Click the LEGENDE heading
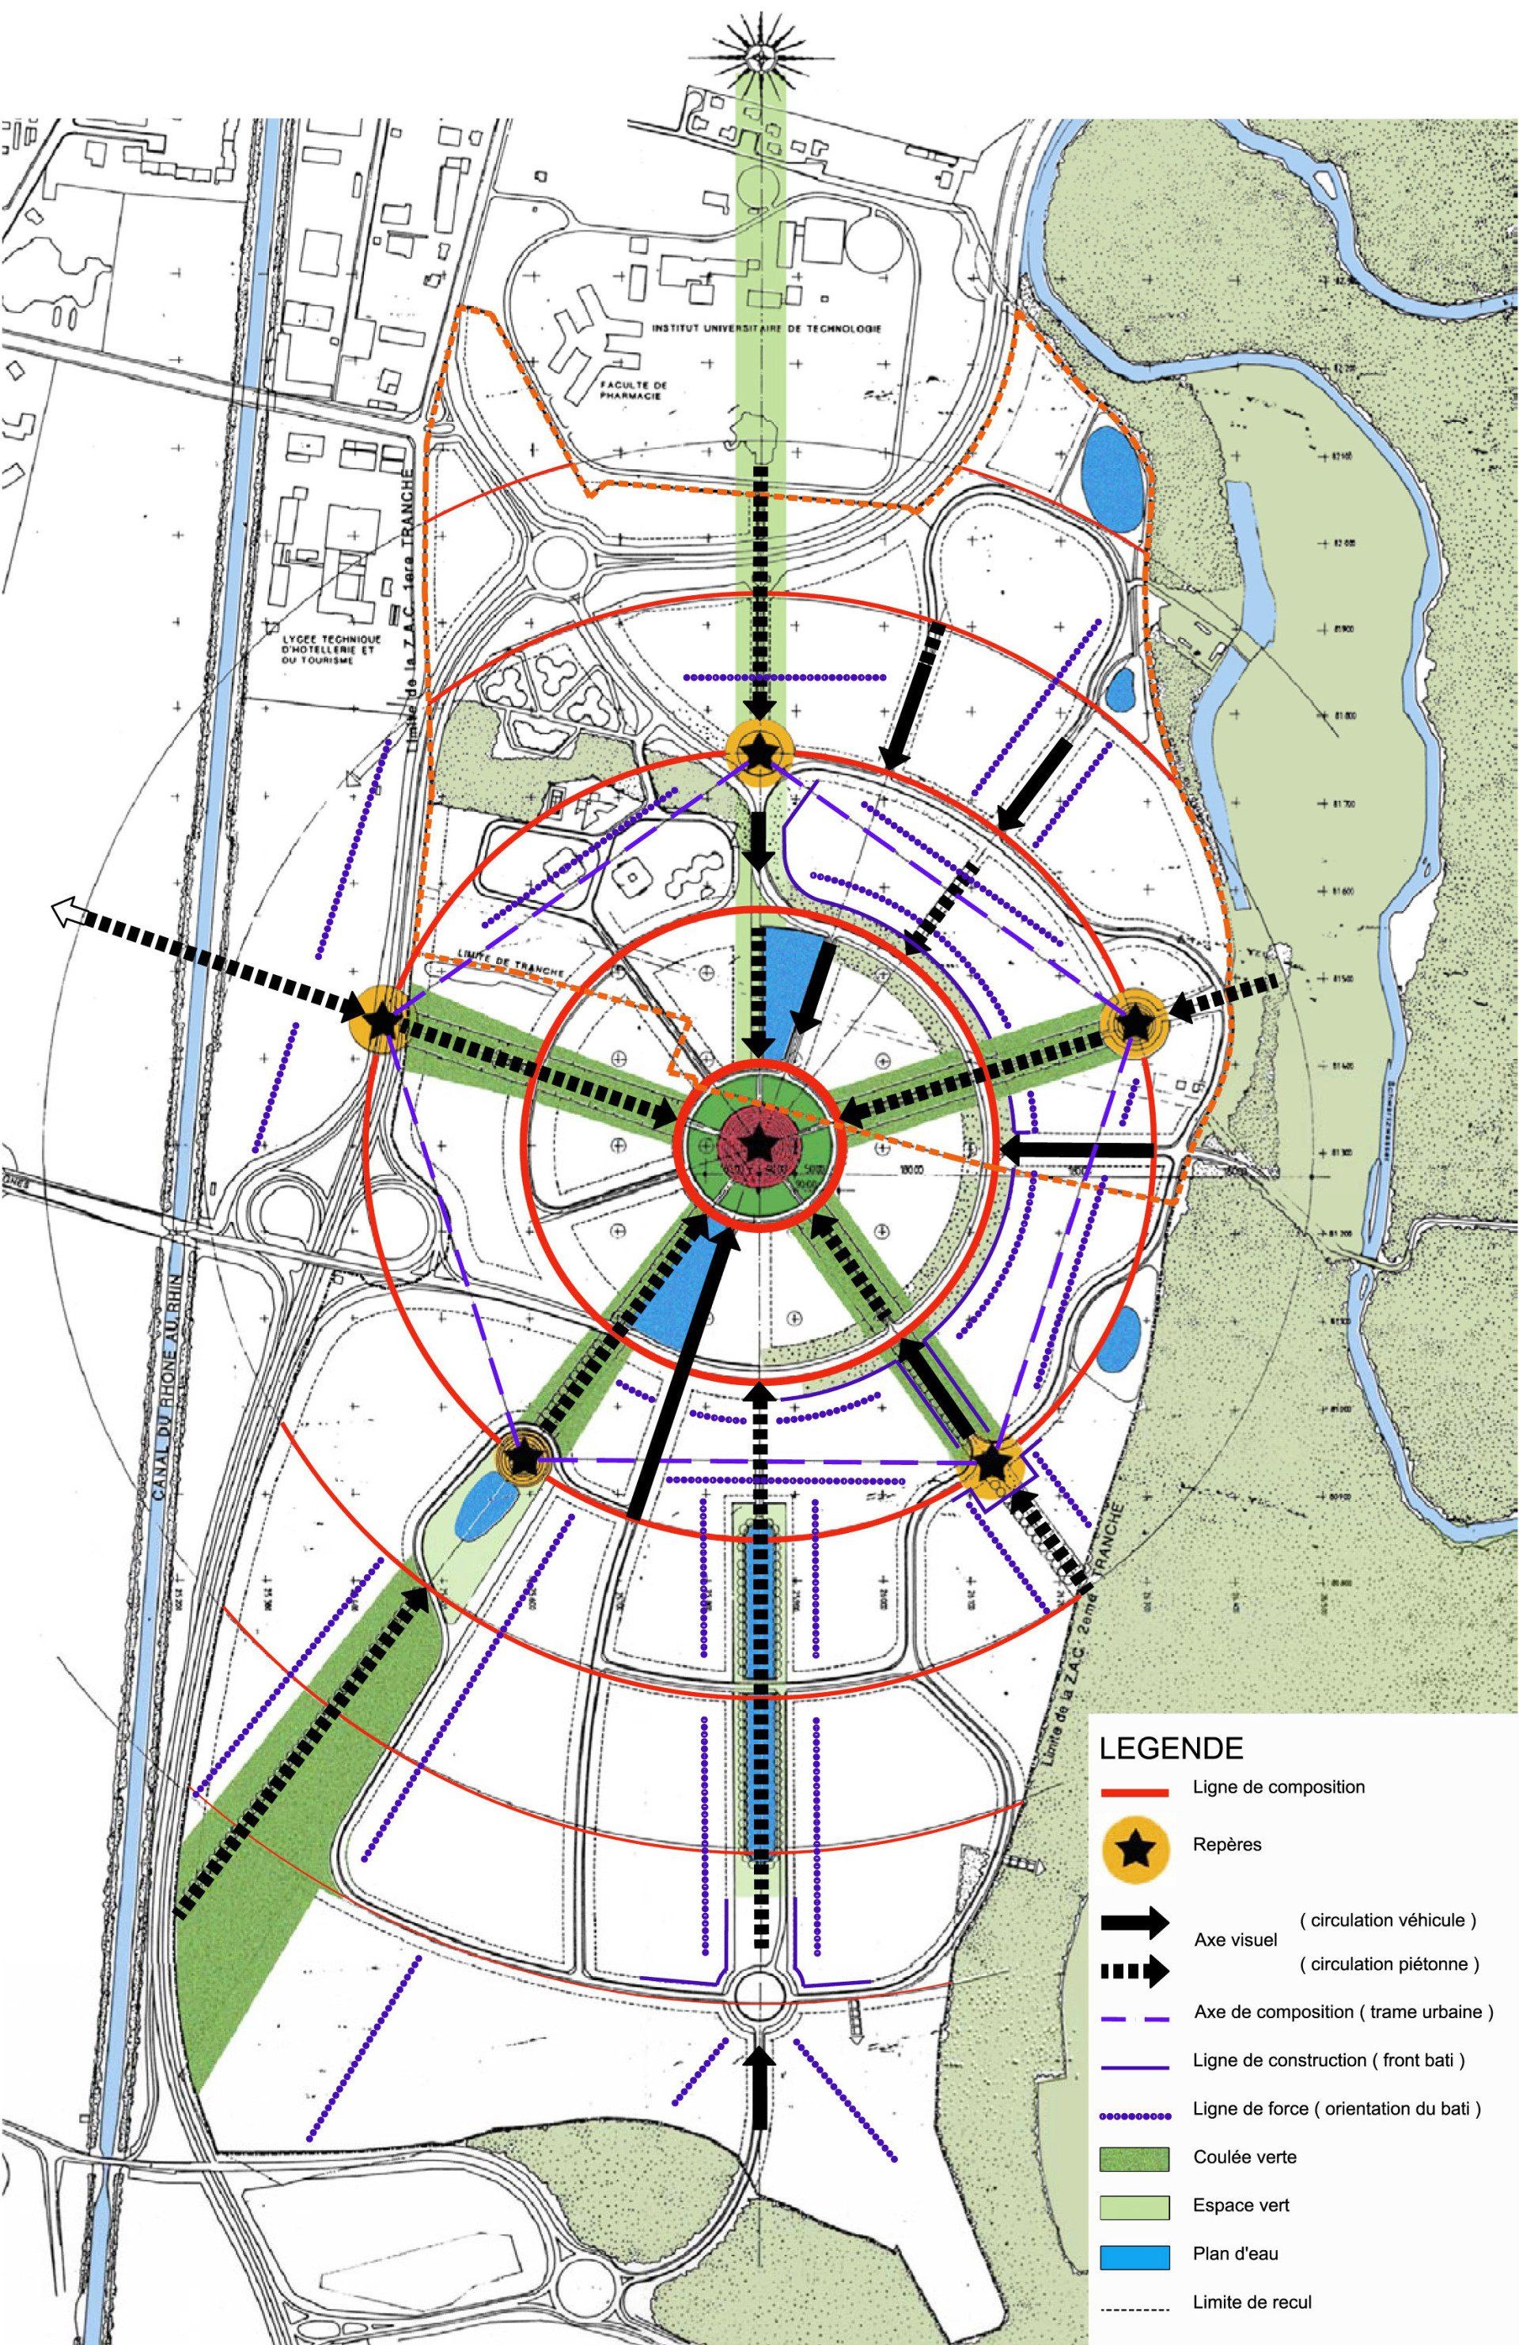click(1170, 1748)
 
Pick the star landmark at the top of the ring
click(759, 753)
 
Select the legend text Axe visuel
click(1234, 1939)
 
